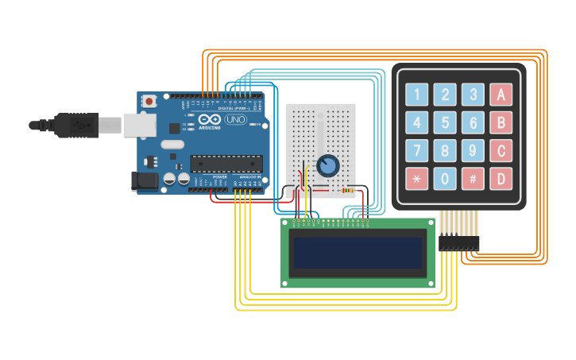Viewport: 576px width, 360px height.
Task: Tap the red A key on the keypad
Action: click(x=501, y=95)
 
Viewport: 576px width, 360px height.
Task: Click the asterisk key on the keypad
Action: click(x=417, y=178)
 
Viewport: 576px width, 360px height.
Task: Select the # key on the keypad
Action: click(x=473, y=178)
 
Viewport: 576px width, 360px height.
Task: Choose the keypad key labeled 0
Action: click(x=445, y=178)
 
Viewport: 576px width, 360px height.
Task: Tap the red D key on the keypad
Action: click(x=501, y=178)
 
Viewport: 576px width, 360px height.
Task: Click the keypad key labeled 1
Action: click(x=417, y=95)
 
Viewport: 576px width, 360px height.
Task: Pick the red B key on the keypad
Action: click(x=501, y=122)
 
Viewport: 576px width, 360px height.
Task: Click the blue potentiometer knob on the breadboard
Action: click(x=327, y=165)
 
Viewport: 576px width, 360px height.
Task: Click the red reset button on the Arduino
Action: click(x=149, y=101)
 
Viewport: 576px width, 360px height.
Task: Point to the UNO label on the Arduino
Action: click(x=236, y=120)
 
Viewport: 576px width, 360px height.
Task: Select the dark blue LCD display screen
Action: click(x=358, y=253)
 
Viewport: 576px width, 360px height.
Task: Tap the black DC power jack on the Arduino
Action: click(x=144, y=182)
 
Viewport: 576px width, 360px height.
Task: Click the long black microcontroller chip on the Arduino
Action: click(x=226, y=164)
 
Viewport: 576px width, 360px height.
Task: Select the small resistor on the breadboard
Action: click(x=347, y=190)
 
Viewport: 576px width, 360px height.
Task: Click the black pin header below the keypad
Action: click(x=459, y=242)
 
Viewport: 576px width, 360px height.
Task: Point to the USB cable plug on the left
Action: click(x=76, y=125)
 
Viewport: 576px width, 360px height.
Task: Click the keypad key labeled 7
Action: click(x=417, y=150)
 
